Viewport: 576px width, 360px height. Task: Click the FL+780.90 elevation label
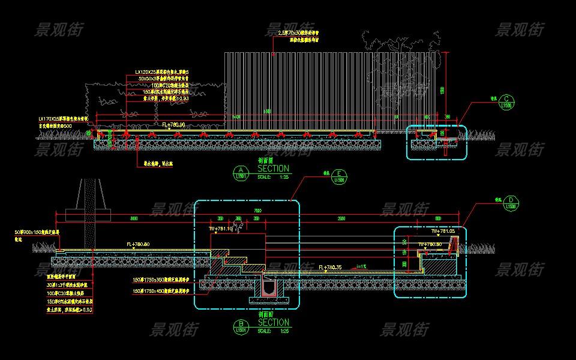point(173,124)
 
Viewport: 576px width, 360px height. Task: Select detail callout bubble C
point(508,100)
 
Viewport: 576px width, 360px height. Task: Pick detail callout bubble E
point(340,175)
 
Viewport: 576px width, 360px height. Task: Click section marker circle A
point(241,172)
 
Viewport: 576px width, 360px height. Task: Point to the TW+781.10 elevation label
point(220,229)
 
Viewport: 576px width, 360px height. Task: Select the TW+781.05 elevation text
point(444,231)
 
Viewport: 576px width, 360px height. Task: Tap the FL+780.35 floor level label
point(331,267)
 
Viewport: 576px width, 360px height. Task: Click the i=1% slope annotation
point(361,266)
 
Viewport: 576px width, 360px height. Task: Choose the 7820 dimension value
point(257,211)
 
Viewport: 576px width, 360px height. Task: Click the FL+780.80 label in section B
point(139,244)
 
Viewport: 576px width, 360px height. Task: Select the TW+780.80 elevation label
point(430,244)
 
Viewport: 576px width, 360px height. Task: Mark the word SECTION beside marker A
point(273,169)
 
